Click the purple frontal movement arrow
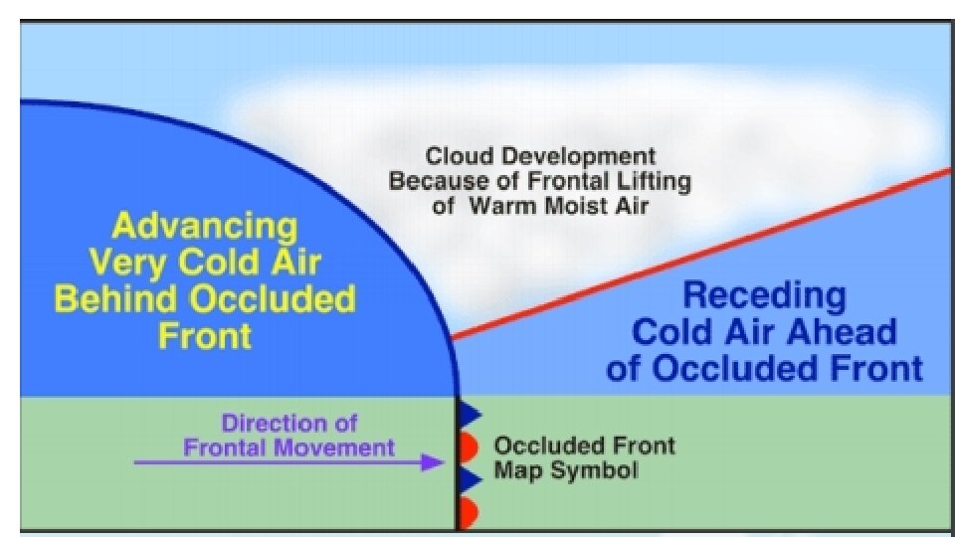[x=288, y=462]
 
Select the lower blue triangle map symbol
[x=471, y=479]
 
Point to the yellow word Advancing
[x=204, y=227]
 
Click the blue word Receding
[x=764, y=295]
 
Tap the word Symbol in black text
[x=597, y=470]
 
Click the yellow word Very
[x=131, y=263]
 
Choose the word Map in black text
[x=521, y=470]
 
